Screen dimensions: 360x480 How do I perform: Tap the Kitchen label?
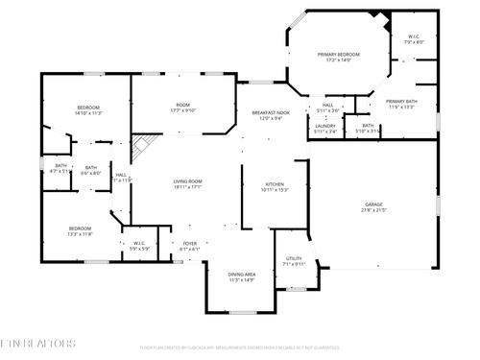[x=275, y=186]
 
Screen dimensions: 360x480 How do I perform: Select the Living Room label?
[x=186, y=184]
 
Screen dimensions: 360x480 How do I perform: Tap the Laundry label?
[x=325, y=129]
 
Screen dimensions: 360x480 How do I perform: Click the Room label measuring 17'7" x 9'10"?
[x=182, y=108]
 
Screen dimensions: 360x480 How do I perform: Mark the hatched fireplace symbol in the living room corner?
[x=142, y=147]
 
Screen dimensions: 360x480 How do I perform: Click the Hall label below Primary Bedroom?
[x=328, y=108]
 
